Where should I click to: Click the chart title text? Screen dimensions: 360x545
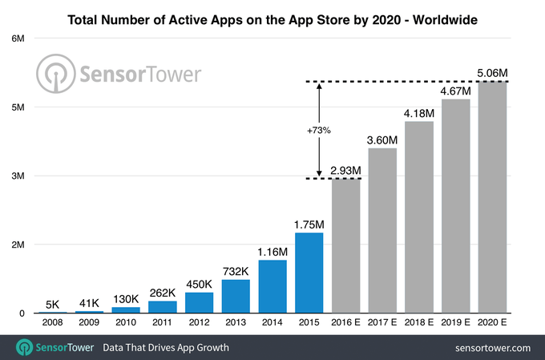pyautogui.click(x=272, y=17)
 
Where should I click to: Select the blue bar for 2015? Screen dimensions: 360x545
pyautogui.click(x=309, y=273)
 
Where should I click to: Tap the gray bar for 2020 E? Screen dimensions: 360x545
pyautogui.click(x=493, y=196)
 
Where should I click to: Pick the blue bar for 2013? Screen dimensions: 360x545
pyautogui.click(x=236, y=296)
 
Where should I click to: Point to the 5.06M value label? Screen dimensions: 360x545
pyautogui.click(x=493, y=73)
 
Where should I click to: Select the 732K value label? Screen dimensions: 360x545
pyautogui.click(x=236, y=272)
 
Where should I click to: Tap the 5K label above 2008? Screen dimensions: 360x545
pyautogui.click(x=52, y=304)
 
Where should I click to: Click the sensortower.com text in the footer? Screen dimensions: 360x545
pyautogui.click(x=492, y=348)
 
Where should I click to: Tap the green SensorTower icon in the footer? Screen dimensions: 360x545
pyautogui.click(x=24, y=348)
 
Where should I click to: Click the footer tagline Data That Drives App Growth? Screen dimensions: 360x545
pyautogui.click(x=164, y=348)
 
